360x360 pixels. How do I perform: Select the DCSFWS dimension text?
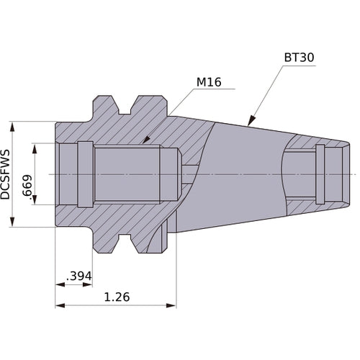pyautogui.click(x=6, y=175)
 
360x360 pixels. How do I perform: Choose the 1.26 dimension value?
pyautogui.click(x=117, y=297)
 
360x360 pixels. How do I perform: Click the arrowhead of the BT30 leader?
pyautogui.click(x=249, y=124)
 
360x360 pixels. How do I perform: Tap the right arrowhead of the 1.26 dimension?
pyautogui.click(x=172, y=305)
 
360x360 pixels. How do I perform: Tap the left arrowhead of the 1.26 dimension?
pyautogui.click(x=60, y=305)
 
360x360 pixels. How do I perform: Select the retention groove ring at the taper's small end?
pyautogui.click(x=320, y=174)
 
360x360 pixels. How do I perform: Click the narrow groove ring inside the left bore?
pyautogui.click(x=86, y=174)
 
